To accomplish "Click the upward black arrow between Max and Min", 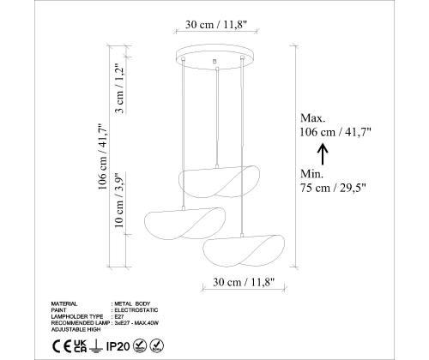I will coord(323,153).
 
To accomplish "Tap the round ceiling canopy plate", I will coord(214,60).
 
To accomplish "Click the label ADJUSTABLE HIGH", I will coord(78,328).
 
